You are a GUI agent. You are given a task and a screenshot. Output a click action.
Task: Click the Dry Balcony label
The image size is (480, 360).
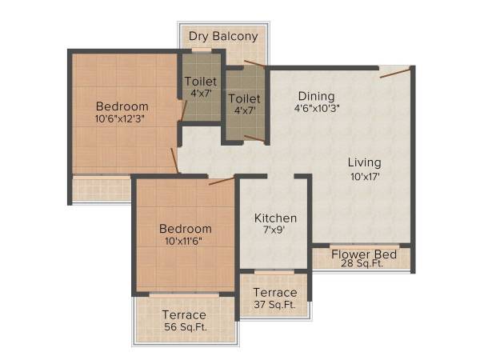(x=223, y=36)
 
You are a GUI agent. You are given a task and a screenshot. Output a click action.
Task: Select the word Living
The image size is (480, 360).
(x=364, y=162)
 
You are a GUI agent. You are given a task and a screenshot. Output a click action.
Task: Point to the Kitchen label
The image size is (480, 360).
(x=275, y=218)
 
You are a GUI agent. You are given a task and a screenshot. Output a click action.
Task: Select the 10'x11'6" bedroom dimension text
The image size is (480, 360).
(x=185, y=241)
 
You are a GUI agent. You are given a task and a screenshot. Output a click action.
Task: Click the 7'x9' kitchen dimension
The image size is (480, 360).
(x=275, y=231)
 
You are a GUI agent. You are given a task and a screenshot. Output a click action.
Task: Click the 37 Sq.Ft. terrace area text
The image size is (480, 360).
(x=274, y=305)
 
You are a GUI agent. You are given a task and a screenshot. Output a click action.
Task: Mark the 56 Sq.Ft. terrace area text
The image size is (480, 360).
(x=184, y=327)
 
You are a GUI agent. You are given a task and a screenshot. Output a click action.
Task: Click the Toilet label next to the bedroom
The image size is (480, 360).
(x=200, y=81)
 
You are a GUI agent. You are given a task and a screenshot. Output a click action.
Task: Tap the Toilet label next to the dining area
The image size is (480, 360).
(x=243, y=98)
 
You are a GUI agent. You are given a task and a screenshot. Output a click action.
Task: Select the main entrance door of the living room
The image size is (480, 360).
(x=395, y=72)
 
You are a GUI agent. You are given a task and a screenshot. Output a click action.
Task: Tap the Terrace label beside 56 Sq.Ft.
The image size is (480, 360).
(x=184, y=314)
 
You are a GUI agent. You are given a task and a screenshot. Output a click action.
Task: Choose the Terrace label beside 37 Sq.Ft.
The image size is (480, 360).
(x=274, y=292)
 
